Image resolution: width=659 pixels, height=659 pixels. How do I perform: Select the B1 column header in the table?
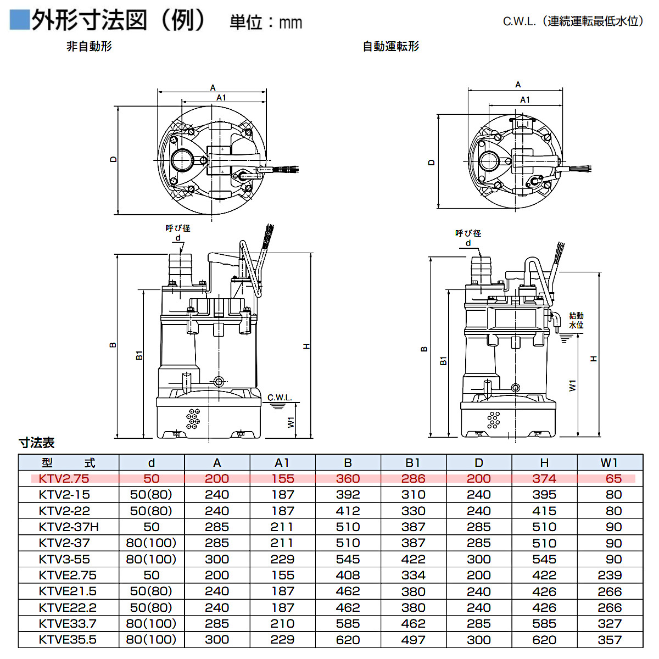413,462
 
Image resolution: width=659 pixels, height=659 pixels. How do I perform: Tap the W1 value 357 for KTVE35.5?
610,640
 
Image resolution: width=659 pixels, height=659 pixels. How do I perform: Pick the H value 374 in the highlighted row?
544,478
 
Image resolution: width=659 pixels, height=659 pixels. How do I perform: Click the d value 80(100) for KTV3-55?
151,559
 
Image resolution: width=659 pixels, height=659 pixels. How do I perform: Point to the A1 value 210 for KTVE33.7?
282,623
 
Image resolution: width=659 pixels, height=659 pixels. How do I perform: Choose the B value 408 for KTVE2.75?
348,575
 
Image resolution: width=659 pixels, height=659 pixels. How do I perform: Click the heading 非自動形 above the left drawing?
89,47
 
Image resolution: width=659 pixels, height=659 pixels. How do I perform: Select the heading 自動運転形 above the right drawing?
390,47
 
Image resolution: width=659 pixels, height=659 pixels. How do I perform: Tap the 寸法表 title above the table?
37,443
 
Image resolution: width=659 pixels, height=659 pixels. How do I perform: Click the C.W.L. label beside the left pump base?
280,398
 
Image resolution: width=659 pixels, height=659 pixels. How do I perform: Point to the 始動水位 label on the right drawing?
576,320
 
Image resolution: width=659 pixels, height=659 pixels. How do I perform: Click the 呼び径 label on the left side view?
178,228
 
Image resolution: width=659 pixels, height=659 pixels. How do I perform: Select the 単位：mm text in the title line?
266,23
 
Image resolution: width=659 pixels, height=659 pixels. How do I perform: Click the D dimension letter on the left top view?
113,159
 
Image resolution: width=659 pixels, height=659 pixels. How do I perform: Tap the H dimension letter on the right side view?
594,358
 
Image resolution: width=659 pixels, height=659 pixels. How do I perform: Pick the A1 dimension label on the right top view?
525,100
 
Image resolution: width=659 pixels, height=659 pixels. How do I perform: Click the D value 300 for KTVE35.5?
478,640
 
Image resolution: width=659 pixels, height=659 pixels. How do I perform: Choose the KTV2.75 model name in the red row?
64,478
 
